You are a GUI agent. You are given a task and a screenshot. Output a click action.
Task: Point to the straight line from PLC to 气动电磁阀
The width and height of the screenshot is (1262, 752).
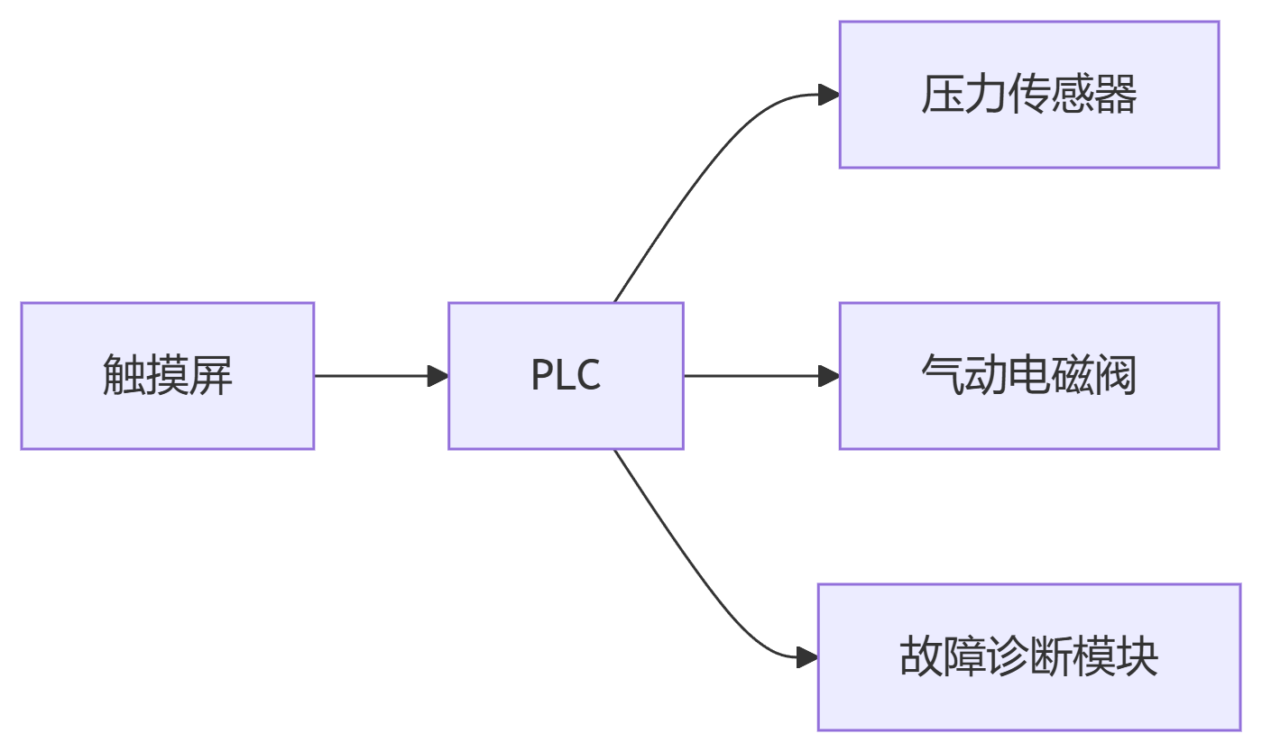pyautogui.click(x=749, y=376)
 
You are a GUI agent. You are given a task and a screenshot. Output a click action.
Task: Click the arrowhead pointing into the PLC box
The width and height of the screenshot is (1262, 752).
pyautogui.click(x=438, y=376)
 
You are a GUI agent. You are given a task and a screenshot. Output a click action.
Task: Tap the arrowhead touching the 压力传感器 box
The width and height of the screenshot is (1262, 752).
pyautogui.click(x=829, y=94)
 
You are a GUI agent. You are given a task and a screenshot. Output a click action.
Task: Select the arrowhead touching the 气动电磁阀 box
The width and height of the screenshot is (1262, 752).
pyautogui.click(x=829, y=376)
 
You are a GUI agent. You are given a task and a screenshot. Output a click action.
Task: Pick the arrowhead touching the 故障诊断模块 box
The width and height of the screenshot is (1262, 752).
pyautogui.click(x=807, y=657)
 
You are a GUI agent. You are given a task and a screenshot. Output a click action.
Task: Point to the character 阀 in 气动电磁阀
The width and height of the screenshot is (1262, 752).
pyautogui.click(x=1117, y=376)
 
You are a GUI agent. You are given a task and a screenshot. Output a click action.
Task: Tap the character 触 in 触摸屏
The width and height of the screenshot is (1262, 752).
pyautogui.click(x=124, y=376)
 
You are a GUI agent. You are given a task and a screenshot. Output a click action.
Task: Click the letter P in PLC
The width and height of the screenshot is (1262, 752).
pyautogui.click(x=541, y=376)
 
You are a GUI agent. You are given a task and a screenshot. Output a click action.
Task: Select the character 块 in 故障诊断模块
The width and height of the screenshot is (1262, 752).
pyautogui.click(x=1138, y=657)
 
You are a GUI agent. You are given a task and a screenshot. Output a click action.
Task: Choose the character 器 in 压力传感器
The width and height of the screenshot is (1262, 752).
pyautogui.click(x=1117, y=95)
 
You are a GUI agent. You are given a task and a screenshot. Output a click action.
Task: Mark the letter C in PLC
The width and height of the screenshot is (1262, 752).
pyautogui.click(x=588, y=376)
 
